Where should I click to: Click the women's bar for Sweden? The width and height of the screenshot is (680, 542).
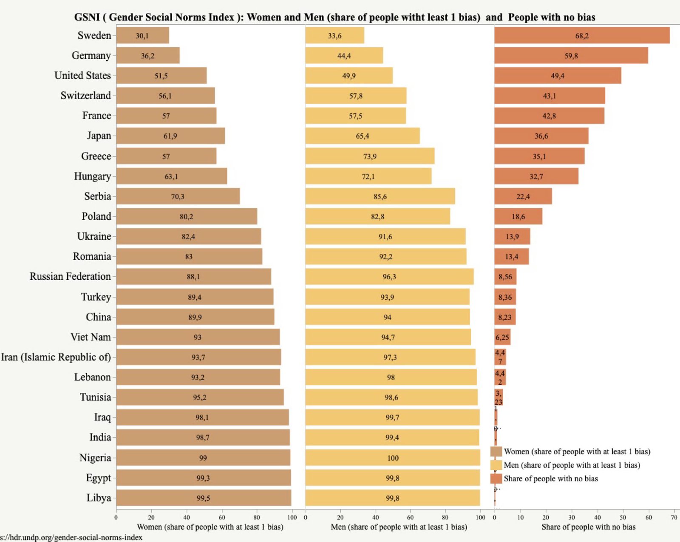(142, 36)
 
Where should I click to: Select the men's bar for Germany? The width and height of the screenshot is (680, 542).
(344, 56)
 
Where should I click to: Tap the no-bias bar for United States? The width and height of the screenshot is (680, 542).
(557, 76)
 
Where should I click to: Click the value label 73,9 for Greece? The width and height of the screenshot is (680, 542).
(370, 156)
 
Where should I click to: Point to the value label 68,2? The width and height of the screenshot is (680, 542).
(582, 36)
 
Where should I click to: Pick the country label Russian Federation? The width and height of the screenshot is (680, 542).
(70, 276)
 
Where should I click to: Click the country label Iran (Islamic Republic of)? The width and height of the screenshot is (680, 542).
(56, 357)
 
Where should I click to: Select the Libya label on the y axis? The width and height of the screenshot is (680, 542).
(99, 498)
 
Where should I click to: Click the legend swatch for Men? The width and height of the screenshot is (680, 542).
(496, 465)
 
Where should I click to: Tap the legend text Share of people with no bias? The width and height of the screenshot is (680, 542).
(551, 479)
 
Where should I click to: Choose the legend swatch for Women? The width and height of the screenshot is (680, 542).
(496, 451)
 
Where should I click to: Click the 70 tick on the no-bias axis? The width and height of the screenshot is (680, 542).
(674, 517)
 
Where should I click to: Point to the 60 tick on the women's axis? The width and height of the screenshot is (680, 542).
(222, 517)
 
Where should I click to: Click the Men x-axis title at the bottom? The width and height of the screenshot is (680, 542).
(399, 527)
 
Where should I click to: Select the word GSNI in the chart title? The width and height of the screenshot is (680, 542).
(87, 17)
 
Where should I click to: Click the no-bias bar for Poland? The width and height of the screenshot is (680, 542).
(518, 216)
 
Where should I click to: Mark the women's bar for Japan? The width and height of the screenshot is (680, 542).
(170, 136)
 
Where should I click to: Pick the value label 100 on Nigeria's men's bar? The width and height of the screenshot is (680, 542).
(393, 458)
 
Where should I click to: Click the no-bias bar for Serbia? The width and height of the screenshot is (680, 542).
(523, 196)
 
